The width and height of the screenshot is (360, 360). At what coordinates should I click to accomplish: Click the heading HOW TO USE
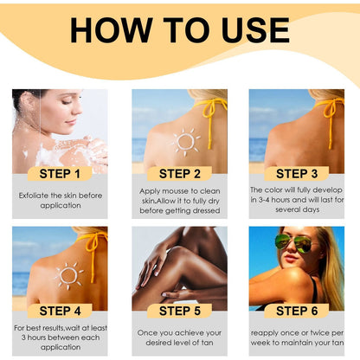(x=180, y=29)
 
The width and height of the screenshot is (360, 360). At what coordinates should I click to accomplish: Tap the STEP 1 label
(x=61, y=173)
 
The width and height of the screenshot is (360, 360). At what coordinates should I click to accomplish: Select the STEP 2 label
(x=179, y=173)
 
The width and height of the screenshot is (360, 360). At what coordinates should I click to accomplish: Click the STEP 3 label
(x=297, y=173)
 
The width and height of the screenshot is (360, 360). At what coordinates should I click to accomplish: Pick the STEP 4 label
(x=61, y=311)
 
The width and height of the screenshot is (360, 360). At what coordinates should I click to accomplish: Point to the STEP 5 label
(x=179, y=311)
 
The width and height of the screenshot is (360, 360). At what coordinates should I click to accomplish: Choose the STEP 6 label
(x=297, y=311)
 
